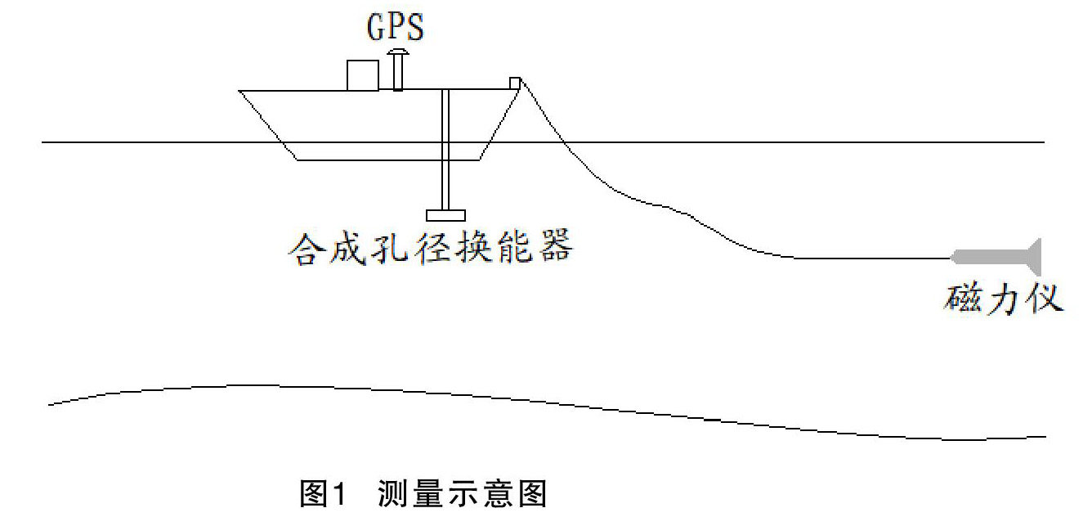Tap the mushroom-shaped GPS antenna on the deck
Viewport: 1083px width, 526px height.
397,70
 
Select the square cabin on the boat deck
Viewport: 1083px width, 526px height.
363,75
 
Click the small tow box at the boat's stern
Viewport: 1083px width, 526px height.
515,83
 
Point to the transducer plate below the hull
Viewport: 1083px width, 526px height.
445,215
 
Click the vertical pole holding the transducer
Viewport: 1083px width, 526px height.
445,150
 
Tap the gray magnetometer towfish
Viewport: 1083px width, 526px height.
997,257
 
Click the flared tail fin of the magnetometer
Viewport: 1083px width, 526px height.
1034,257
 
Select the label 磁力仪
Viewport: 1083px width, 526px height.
1003,298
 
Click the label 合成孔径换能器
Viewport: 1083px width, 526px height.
431,248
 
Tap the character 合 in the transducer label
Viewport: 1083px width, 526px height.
307,249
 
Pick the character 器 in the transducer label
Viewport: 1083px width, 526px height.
556,246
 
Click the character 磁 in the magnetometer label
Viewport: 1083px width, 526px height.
962,298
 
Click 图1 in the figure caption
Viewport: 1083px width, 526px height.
323,493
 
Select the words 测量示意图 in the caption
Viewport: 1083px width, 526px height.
462,493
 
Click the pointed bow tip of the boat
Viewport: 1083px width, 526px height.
239,91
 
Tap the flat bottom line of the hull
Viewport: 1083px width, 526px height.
387,160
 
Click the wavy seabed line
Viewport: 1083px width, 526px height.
546,403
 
